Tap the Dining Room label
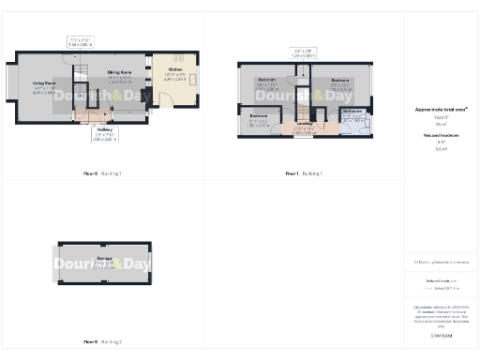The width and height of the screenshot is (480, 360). pos(118,72)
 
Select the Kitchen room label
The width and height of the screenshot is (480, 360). pos(175,70)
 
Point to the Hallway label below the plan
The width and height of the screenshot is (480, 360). pos(104,130)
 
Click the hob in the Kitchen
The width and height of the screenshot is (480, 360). pos(194,80)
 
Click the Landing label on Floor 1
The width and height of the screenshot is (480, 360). pos(303,123)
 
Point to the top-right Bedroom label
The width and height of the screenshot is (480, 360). pos(339,81)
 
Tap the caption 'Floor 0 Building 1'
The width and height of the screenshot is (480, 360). pos(103,173)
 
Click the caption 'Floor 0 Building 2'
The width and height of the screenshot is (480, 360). pos(103,341)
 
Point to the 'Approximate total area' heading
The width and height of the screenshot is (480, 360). pos(441,110)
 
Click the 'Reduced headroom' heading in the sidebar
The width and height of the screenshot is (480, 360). pos(441,135)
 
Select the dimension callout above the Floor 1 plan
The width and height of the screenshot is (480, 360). pos(302,52)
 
